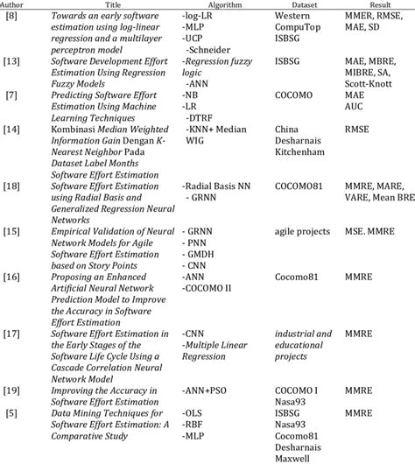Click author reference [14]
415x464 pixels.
[13, 130]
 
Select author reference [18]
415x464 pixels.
[13, 187]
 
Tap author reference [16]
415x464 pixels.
[13, 276]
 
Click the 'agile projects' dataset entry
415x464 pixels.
[303, 231]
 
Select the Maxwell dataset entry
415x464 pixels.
[292, 455]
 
